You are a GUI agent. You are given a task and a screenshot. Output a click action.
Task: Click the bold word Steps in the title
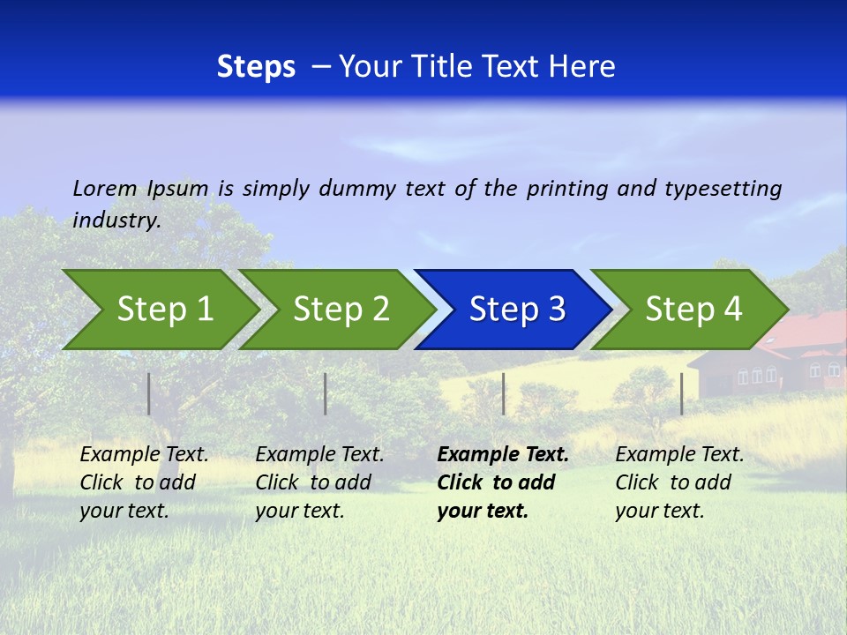256,67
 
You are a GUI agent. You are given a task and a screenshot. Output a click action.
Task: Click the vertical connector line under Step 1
149,393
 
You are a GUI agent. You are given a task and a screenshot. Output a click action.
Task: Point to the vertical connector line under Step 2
326,393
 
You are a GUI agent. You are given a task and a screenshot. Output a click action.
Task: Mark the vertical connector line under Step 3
503,393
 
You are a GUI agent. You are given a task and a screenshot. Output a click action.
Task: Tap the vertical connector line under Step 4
681,393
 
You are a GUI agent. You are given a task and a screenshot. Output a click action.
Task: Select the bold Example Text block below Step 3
502,482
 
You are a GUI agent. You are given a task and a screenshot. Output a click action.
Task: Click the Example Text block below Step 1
144,482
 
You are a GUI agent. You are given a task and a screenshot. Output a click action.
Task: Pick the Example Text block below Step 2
319,482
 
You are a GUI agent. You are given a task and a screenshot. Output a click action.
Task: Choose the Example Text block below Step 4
679,482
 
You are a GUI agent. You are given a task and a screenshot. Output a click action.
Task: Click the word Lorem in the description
104,188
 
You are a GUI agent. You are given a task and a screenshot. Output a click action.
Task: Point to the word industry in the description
116,220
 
